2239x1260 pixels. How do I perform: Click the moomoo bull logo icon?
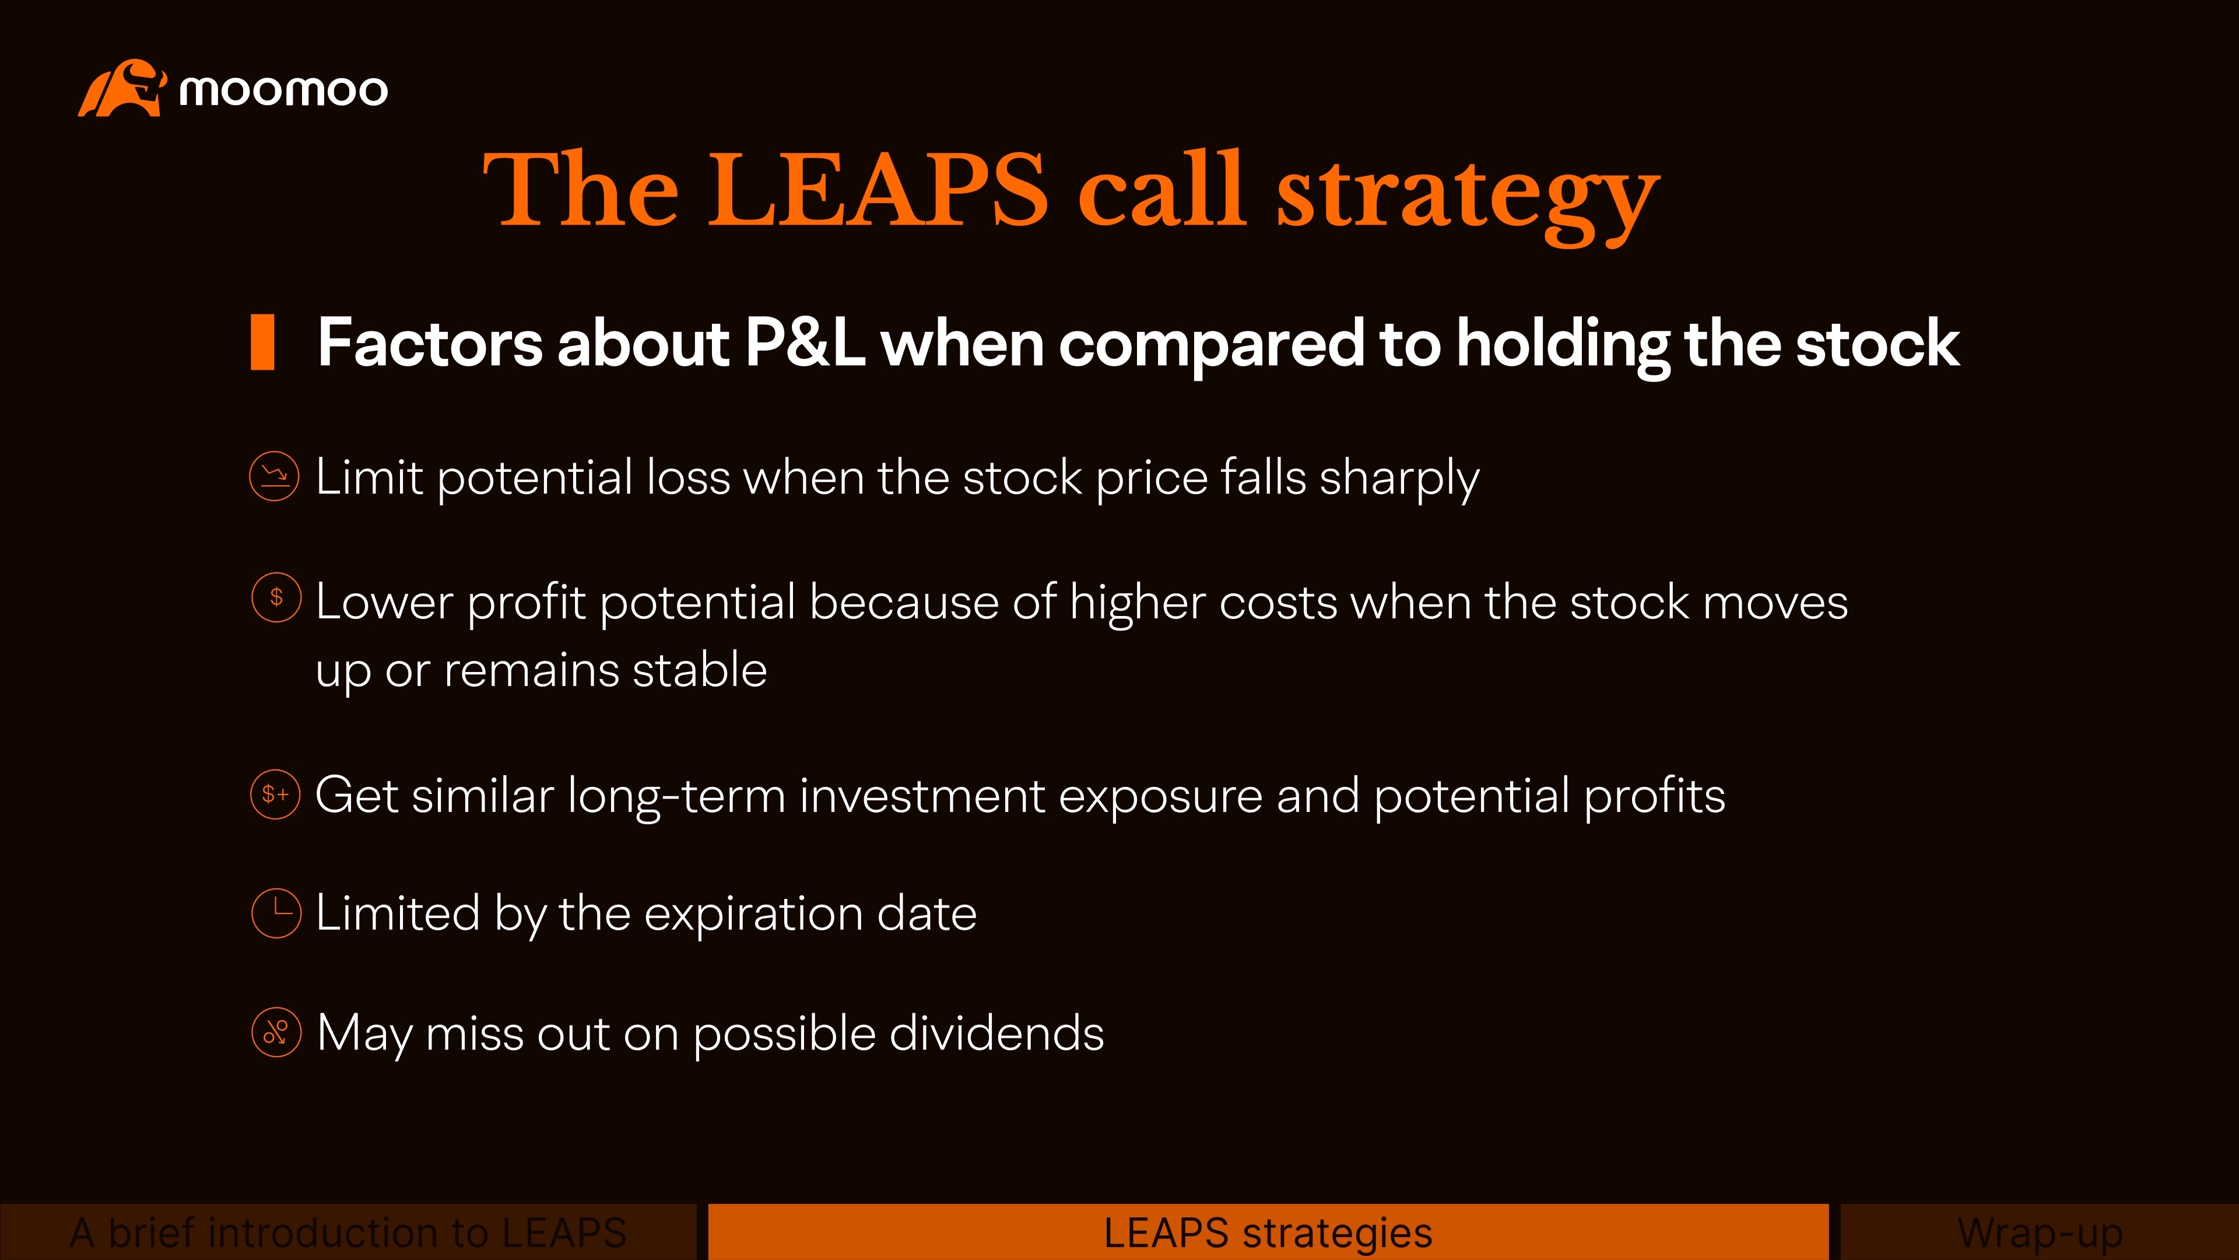(122, 88)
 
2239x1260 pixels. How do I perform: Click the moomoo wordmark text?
(283, 90)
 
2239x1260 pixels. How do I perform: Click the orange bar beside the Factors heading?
(262, 342)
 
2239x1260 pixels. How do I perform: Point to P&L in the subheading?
(805, 342)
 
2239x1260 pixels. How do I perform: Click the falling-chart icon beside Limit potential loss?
(275, 477)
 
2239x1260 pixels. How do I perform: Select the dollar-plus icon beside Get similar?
(276, 794)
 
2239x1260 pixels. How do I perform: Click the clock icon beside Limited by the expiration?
(276, 913)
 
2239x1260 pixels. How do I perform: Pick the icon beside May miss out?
(276, 1032)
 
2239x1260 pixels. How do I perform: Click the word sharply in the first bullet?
(1399, 479)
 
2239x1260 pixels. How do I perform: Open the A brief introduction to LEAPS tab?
(348, 1232)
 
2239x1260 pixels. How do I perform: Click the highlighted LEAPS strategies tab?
(1268, 1232)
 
